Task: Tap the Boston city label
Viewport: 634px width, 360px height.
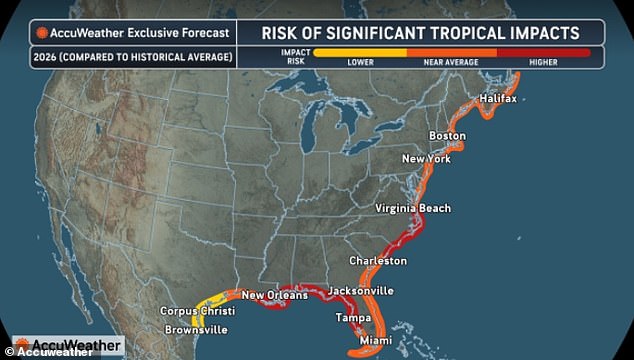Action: tap(447, 136)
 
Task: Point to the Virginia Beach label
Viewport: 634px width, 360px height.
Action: tap(413, 208)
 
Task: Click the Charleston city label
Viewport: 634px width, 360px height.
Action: tap(378, 261)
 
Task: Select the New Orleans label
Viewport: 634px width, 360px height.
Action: tap(273, 295)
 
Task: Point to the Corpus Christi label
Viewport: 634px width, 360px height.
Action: tap(197, 312)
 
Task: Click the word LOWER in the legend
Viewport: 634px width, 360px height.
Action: tap(360, 62)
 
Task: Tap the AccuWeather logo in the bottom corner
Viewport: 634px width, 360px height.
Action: tap(63, 346)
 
